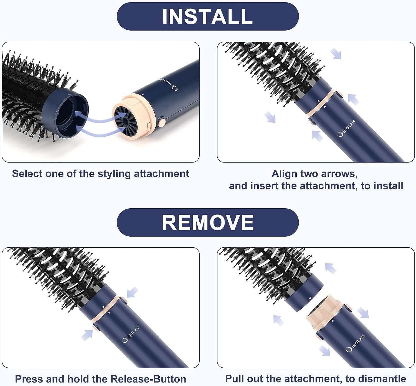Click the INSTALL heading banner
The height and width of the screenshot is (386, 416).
pyautogui.click(x=207, y=17)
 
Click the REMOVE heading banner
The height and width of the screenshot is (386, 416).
pyautogui.click(x=207, y=222)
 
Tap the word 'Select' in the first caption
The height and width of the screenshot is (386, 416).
pyautogui.click(x=27, y=174)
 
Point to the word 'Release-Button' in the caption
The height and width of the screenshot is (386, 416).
pyautogui.click(x=148, y=379)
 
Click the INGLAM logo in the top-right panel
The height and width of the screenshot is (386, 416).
pyautogui.click(x=347, y=129)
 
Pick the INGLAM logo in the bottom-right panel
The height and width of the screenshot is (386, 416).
pyautogui.click(x=356, y=344)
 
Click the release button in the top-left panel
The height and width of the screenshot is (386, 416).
pyautogui.click(x=161, y=122)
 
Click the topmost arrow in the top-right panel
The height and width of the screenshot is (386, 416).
pyautogui.click(x=336, y=54)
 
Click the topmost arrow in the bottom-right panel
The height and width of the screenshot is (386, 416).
pyautogui.click(x=331, y=268)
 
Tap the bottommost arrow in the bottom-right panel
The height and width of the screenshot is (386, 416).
pyautogui.click(x=324, y=350)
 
